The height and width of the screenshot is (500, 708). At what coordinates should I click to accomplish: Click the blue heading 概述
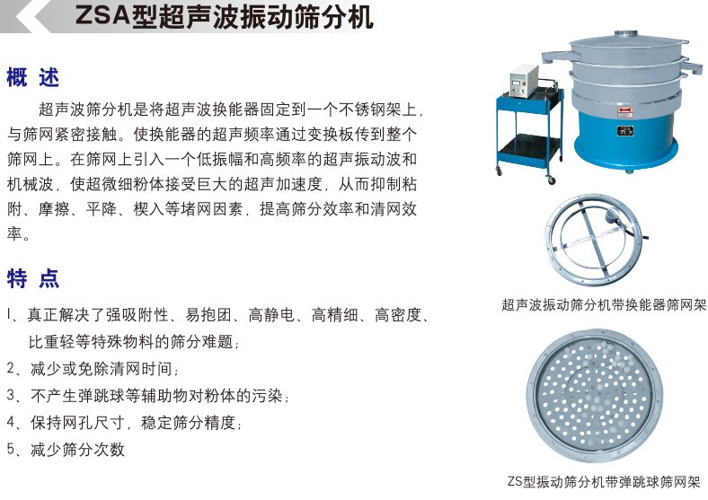click(x=33, y=77)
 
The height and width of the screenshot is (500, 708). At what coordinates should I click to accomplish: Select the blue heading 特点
click(x=33, y=278)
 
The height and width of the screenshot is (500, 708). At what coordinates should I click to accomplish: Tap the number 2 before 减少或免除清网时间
click(x=12, y=368)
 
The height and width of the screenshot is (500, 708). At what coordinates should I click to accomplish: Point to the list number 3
click(x=12, y=395)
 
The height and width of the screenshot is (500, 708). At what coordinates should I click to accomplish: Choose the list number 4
click(x=12, y=423)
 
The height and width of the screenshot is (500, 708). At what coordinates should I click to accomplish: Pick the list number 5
click(x=12, y=449)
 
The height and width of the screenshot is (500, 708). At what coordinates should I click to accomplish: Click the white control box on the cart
click(x=524, y=80)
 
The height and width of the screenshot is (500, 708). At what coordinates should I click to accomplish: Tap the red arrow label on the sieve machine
click(x=625, y=111)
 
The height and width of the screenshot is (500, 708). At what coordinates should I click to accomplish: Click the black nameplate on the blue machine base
click(x=625, y=131)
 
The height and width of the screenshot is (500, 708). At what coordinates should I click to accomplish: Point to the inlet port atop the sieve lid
click(x=626, y=34)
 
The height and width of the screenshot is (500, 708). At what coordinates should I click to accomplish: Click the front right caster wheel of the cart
click(x=552, y=180)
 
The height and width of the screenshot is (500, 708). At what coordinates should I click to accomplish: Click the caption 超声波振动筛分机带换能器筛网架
click(x=604, y=305)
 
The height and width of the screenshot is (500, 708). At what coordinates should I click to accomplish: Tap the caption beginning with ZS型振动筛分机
click(x=604, y=481)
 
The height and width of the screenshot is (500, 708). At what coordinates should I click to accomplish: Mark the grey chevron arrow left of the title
click(x=27, y=16)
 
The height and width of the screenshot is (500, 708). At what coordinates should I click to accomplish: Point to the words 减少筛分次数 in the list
click(x=77, y=450)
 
